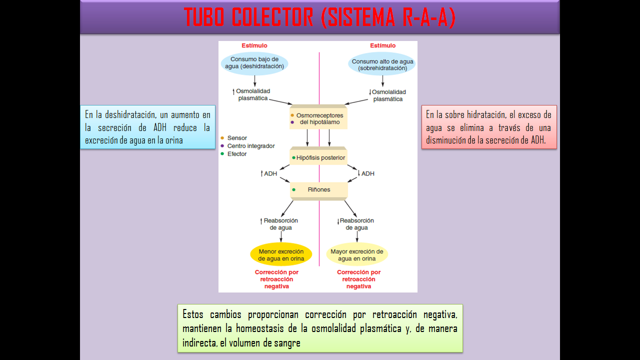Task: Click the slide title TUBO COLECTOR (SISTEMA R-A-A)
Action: coord(319,17)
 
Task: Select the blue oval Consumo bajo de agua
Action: coord(254,63)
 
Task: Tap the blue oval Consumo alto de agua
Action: coord(382,65)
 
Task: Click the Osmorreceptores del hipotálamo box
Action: coord(318,119)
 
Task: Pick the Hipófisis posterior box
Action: coord(319,157)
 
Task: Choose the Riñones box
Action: coord(319,190)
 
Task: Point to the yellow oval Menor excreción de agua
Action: coord(281,255)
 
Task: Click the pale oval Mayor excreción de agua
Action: coord(357,255)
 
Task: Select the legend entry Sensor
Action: coord(236,138)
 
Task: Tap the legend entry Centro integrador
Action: coord(250,146)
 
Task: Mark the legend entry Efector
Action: coord(236,154)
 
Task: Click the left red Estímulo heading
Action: coord(254,46)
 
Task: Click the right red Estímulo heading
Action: coord(382,46)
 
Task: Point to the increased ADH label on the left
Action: coord(269,173)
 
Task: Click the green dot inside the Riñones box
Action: coord(294,190)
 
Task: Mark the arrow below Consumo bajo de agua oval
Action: coord(254,80)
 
